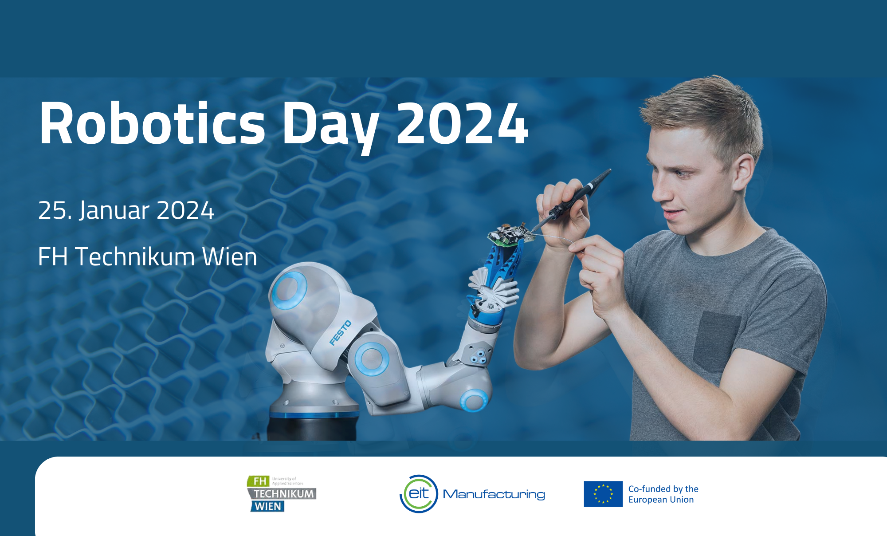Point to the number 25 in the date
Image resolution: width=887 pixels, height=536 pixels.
tap(52, 210)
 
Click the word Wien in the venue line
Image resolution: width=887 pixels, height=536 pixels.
tap(229, 257)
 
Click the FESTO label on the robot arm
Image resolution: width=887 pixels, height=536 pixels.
tap(341, 333)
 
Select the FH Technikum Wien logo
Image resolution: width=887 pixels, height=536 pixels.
tap(282, 493)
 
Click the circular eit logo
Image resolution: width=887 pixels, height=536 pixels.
tap(419, 494)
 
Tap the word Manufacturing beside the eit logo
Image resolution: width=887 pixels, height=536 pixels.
tap(494, 494)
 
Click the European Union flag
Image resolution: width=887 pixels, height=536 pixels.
tap(603, 494)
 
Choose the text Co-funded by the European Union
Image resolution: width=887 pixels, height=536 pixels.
tap(663, 494)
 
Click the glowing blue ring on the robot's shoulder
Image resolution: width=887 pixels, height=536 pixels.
tap(289, 291)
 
